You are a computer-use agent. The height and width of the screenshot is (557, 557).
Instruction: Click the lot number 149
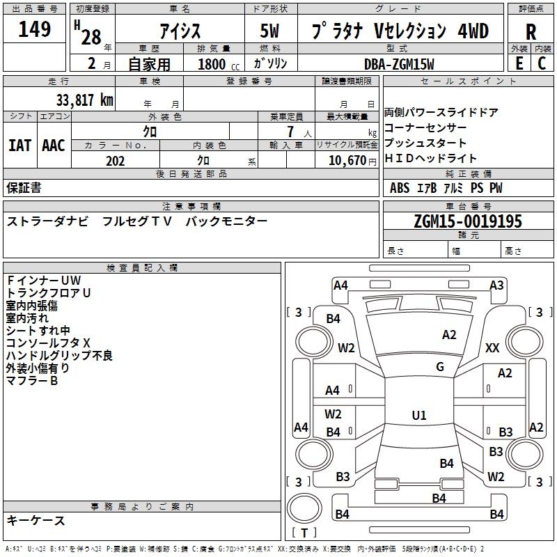pos(35,30)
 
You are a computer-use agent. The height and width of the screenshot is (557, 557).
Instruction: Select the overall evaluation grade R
pos(531,32)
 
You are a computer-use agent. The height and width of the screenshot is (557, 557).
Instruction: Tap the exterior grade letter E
pos(519,63)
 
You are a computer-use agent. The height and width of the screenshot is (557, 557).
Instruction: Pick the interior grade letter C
pos(542,63)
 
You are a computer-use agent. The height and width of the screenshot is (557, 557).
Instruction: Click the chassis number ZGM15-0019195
pos(467,221)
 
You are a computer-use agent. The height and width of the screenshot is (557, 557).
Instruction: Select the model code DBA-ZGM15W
pos(399,64)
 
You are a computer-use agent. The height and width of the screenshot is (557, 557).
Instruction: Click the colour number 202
pos(115,161)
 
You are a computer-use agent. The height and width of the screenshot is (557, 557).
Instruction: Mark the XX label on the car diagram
pos(492,348)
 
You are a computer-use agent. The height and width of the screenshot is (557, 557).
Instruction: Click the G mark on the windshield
pos(440,367)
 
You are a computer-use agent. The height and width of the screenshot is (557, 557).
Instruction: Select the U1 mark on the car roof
pos(419,416)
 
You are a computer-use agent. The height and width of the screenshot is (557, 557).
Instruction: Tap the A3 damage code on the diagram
pos(496,285)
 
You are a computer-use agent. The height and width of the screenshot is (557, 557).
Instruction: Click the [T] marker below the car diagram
pos(304,533)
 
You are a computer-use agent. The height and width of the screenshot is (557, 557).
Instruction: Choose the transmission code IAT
pos(19,146)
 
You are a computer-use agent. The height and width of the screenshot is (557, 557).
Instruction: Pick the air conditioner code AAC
pos(54,146)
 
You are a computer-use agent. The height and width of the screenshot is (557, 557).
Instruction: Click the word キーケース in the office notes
pos(36,520)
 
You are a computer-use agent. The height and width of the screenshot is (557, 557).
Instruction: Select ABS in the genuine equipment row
pos(400,188)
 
